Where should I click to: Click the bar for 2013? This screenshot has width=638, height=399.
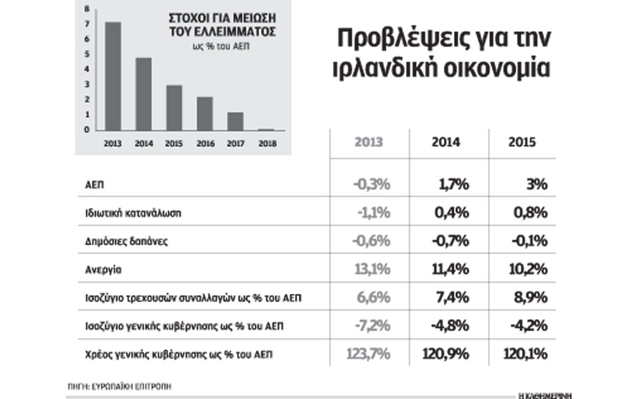coord(113,76)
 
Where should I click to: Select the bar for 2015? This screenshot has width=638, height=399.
coord(174,108)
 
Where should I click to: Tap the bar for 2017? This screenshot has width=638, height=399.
coord(235,121)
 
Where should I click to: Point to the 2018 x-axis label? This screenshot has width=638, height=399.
coord(266,142)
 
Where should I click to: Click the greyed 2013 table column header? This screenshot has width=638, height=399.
coord(369,142)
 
